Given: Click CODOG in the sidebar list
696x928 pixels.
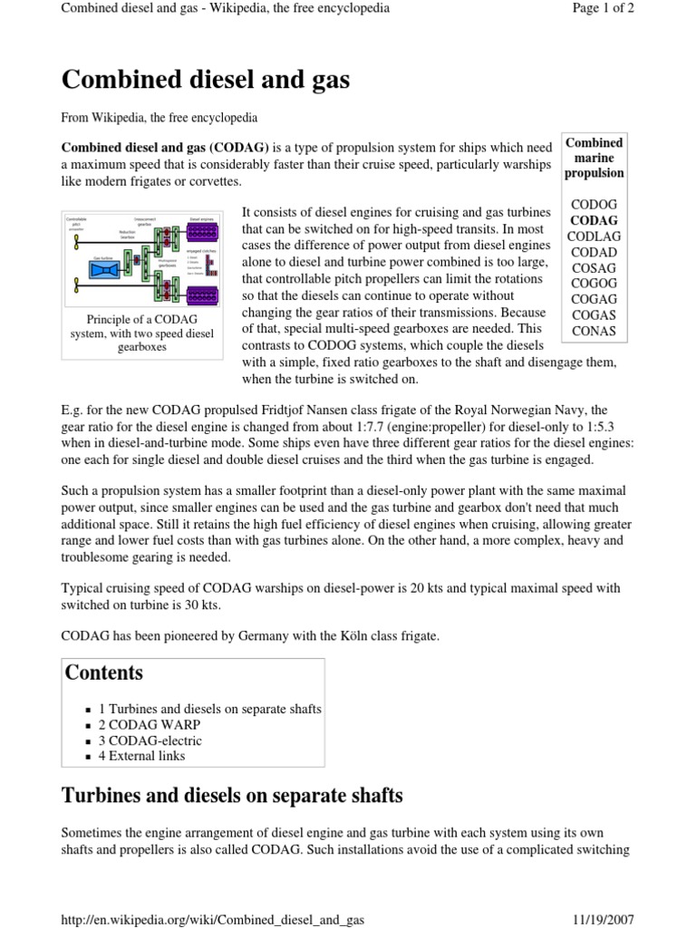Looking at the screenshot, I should (x=594, y=204).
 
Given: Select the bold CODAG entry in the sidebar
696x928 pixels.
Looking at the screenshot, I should (x=594, y=220).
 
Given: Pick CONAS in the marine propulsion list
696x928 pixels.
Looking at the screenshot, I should (x=594, y=331).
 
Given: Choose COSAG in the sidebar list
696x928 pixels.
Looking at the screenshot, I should (x=594, y=267).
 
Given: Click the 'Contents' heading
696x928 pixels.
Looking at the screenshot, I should (x=103, y=672).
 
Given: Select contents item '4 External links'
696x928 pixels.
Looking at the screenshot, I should (x=141, y=756).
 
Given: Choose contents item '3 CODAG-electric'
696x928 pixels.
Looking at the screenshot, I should (x=150, y=740).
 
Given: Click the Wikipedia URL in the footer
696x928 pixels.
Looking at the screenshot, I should (x=212, y=919).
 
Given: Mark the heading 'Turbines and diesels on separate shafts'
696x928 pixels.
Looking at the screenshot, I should (x=231, y=797).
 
